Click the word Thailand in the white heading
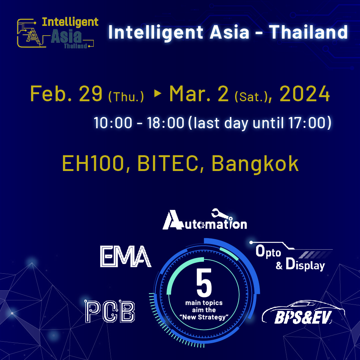click(x=309, y=33)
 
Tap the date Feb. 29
click(x=66, y=94)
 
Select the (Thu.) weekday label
click(x=126, y=97)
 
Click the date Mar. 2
click(x=199, y=94)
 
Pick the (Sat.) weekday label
click(x=250, y=97)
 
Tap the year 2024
click(x=304, y=94)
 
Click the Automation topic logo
click(x=204, y=221)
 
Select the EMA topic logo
click(x=126, y=256)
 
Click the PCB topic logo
click(x=110, y=311)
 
